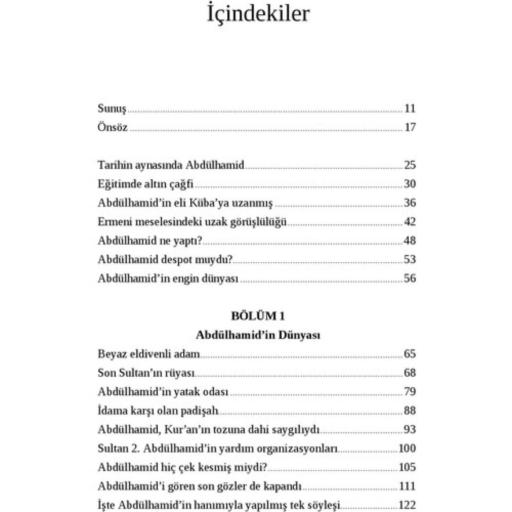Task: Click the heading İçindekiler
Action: click(258, 13)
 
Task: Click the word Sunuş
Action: click(112, 109)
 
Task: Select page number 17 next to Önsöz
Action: click(410, 128)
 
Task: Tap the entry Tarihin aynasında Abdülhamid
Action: click(171, 165)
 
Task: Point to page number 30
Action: click(410, 184)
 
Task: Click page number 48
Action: click(410, 241)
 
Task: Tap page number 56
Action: click(410, 278)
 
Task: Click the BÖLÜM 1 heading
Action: click(258, 316)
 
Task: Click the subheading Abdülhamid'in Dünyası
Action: click(258, 335)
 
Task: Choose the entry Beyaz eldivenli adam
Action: click(149, 354)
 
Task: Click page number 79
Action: click(410, 392)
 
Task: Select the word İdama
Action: click(110, 410)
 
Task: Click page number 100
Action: click(407, 448)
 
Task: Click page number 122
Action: click(407, 505)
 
